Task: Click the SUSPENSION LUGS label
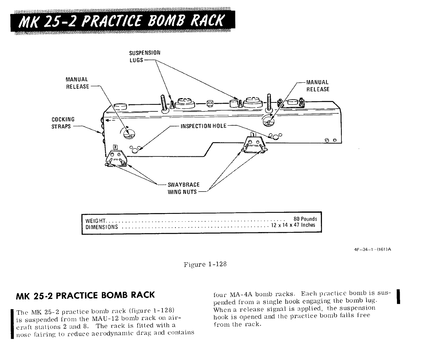click(x=145, y=56)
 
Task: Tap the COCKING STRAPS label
click(x=63, y=123)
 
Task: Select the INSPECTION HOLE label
click(x=203, y=126)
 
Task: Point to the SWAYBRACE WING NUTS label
click(x=183, y=188)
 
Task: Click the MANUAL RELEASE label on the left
click(x=77, y=83)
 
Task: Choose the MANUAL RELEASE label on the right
click(x=318, y=85)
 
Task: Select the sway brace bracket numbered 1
click(x=254, y=143)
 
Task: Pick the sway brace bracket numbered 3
click(x=116, y=156)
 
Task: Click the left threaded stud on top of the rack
click(x=162, y=103)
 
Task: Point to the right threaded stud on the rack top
click(x=269, y=102)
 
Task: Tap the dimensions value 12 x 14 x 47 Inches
click(x=294, y=226)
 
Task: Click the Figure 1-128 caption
click(x=205, y=264)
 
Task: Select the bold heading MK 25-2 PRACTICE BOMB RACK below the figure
click(x=86, y=295)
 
